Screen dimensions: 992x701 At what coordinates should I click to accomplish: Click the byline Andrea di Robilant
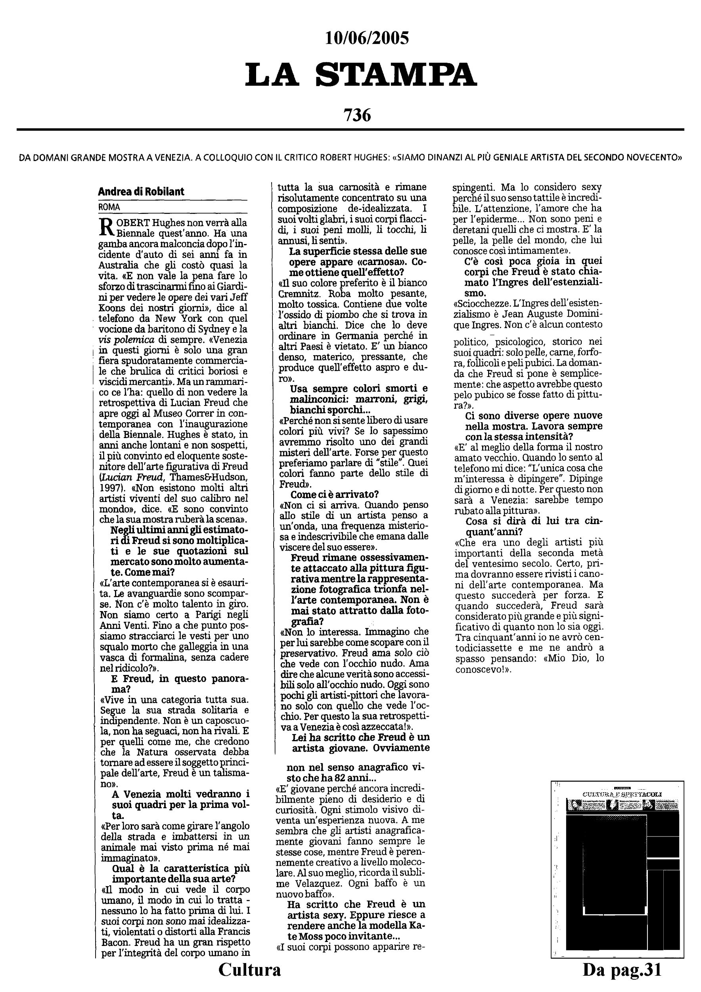(x=141, y=191)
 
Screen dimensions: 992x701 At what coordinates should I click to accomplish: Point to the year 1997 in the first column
(x=112, y=487)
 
